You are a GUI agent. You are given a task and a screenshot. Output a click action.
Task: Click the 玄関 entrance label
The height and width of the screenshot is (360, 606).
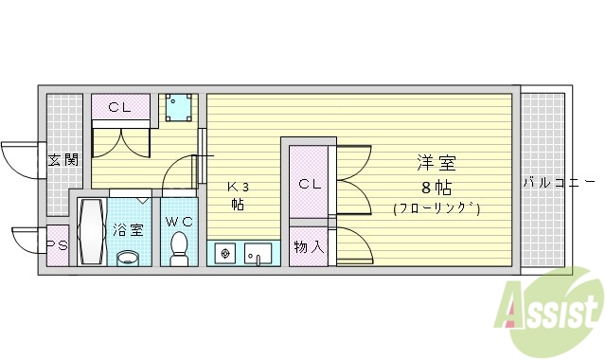62,159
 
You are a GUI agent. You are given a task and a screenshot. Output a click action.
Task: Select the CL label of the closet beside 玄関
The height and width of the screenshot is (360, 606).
119,107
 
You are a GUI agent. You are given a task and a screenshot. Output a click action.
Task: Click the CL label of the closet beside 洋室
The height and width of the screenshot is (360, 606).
311,184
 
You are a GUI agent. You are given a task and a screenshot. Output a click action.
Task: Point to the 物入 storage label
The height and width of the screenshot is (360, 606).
309,248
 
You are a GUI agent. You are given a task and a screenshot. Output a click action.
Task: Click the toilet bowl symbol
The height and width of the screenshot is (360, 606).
178,248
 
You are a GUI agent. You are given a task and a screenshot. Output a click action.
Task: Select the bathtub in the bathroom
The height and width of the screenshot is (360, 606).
92,232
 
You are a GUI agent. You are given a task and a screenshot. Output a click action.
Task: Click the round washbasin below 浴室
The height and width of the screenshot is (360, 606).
127,257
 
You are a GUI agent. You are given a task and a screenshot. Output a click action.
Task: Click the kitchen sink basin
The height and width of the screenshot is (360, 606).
257,254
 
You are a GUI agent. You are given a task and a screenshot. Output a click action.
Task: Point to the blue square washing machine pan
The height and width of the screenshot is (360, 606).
177,110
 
